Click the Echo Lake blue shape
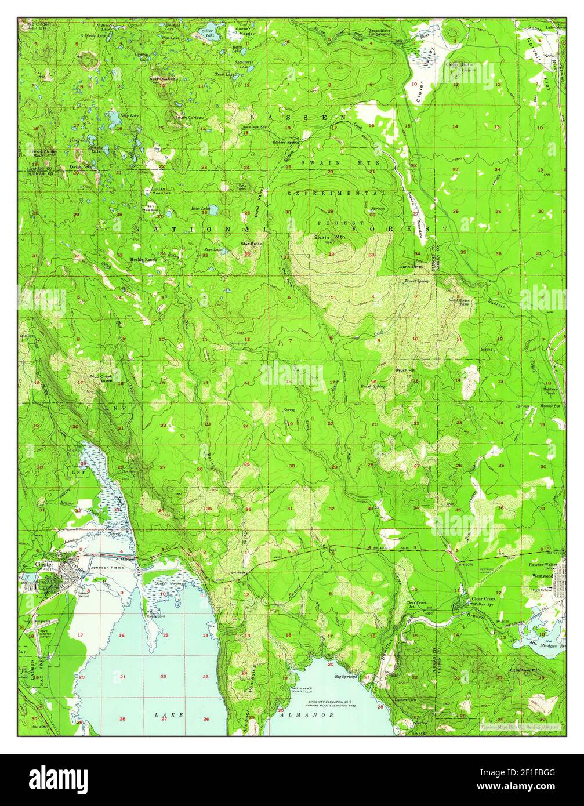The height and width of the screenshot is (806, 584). pos(213,210)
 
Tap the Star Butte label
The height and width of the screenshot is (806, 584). pos(252,244)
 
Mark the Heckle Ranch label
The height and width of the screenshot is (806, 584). pos(143,259)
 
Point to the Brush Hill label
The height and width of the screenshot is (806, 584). pos(405,369)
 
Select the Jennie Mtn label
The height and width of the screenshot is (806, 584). pos(412,267)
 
